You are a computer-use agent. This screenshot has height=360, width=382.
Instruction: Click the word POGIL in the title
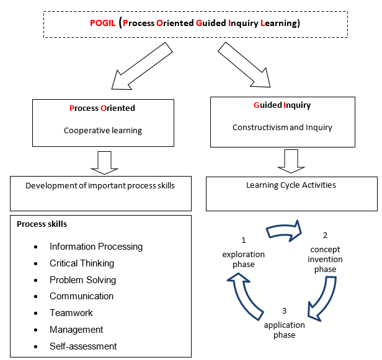pos(104,24)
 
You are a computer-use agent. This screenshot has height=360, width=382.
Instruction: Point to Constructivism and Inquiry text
pos(282,128)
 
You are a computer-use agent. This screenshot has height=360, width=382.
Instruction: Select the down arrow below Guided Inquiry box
pos(290,160)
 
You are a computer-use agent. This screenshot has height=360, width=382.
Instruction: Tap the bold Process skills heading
pos(42,224)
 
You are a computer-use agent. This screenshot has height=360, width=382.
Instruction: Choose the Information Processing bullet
pos(96,247)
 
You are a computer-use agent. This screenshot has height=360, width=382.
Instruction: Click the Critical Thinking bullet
pos(82,263)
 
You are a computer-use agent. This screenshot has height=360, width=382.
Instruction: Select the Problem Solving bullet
pos(82,280)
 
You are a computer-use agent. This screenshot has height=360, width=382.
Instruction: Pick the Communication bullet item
pos(81,296)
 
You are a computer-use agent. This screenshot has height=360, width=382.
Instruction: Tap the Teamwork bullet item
pos(71,313)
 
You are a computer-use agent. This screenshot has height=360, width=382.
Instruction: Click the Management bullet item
pos(76,330)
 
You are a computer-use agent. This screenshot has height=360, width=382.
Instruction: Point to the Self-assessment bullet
pos(83,346)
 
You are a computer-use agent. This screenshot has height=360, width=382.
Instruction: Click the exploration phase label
pos(244,259)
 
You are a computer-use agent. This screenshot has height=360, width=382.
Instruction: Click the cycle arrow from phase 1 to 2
pos(283,230)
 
